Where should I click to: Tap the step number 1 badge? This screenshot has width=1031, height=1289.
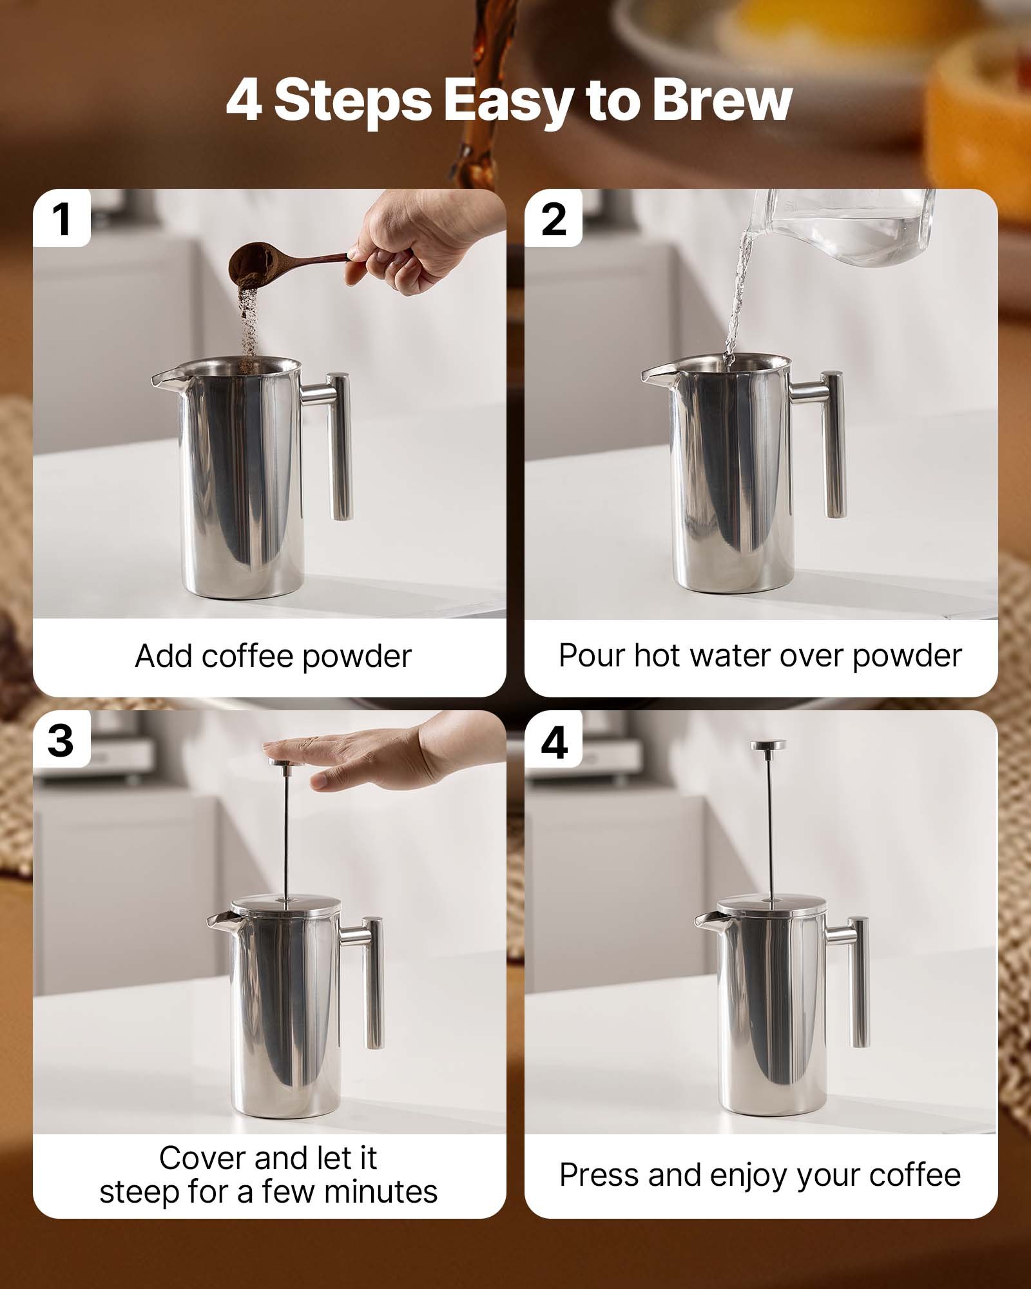[62, 219]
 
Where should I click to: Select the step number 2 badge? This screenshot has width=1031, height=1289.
[554, 219]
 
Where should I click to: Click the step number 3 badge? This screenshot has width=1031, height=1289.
[61, 741]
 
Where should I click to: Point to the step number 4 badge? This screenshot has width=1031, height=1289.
[554, 742]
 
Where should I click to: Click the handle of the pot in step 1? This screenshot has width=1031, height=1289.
[340, 445]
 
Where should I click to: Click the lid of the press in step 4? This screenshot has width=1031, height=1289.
[771, 905]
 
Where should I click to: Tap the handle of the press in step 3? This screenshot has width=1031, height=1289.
[372, 980]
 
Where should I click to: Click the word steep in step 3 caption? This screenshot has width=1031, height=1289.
[139, 1192]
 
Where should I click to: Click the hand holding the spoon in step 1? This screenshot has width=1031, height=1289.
[412, 242]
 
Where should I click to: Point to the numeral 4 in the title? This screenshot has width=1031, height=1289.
[244, 101]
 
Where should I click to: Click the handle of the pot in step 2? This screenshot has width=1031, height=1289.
[833, 445]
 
